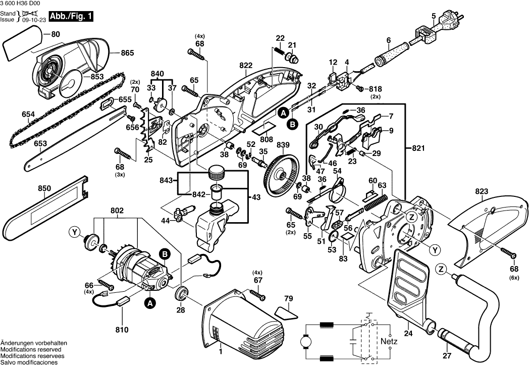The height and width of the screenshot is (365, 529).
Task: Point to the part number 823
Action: point(482,191)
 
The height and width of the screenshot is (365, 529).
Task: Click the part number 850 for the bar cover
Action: point(44,188)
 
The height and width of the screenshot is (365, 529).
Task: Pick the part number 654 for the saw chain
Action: point(28,115)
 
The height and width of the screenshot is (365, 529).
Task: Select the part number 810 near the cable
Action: point(122,331)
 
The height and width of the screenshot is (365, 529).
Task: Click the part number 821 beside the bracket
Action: point(418,149)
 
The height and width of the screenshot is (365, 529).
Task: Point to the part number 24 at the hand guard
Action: point(408,333)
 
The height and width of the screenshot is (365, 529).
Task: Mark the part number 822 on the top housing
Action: point(246,66)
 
